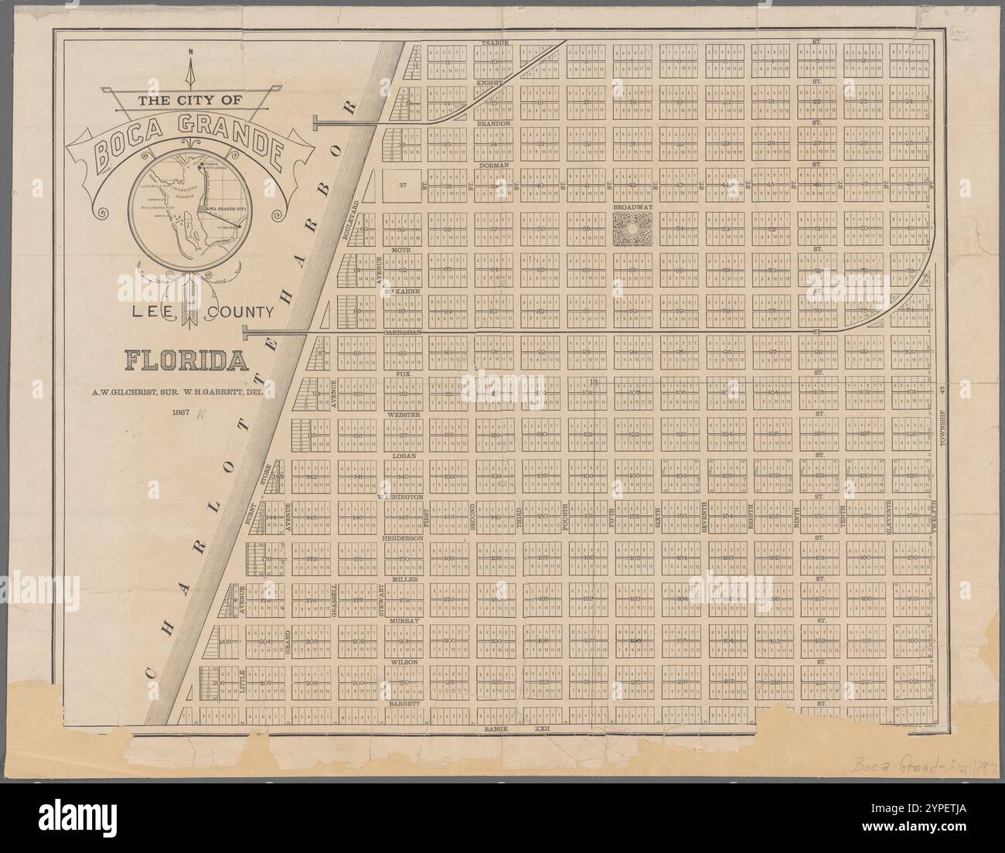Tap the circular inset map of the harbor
coord(187,210)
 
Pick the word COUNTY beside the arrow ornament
coord(243,313)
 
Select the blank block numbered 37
coord(403,186)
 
